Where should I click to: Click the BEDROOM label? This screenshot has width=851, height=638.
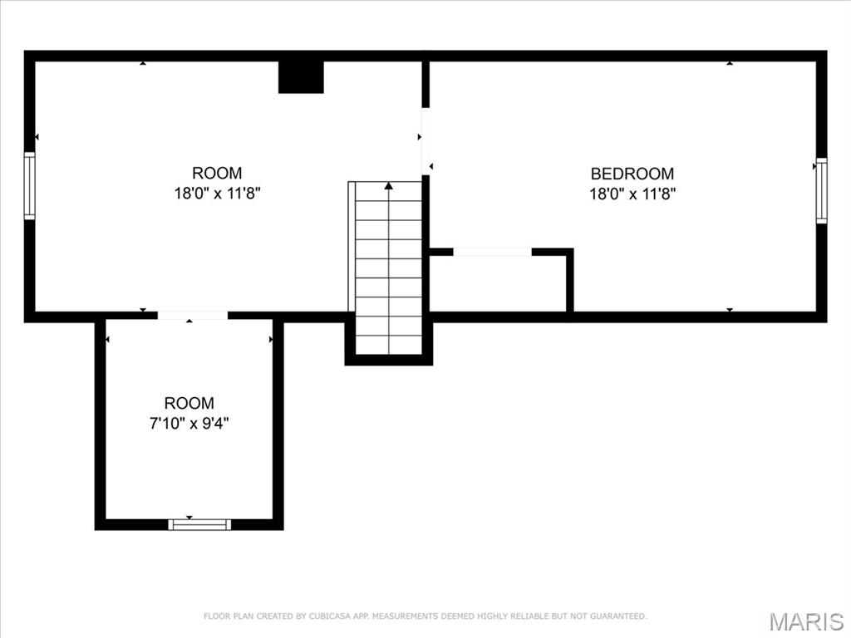point(632,174)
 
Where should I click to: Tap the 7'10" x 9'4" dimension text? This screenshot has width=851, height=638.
point(189,423)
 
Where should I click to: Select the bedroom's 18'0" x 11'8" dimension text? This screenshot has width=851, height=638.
point(632,194)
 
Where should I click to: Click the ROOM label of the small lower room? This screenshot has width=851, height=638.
point(189,403)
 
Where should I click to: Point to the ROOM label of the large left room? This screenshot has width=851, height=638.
point(217,173)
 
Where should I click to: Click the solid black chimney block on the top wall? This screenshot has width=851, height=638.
point(301,77)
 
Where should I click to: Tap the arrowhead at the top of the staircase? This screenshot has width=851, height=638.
point(389,185)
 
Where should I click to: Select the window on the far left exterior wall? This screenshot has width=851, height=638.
point(29,185)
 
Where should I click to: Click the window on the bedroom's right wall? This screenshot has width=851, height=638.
point(822,190)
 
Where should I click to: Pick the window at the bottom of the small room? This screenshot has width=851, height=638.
point(199,525)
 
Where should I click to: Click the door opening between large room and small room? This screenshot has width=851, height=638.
point(193,315)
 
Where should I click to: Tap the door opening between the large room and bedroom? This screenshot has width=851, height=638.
point(426,141)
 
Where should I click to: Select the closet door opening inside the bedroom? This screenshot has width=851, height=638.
point(492,252)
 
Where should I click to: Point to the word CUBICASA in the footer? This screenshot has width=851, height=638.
point(328,616)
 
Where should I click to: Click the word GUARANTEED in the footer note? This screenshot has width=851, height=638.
point(618,616)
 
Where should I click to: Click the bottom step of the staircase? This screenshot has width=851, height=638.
point(389,345)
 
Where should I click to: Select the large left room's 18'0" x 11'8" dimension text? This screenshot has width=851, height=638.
point(217,193)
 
